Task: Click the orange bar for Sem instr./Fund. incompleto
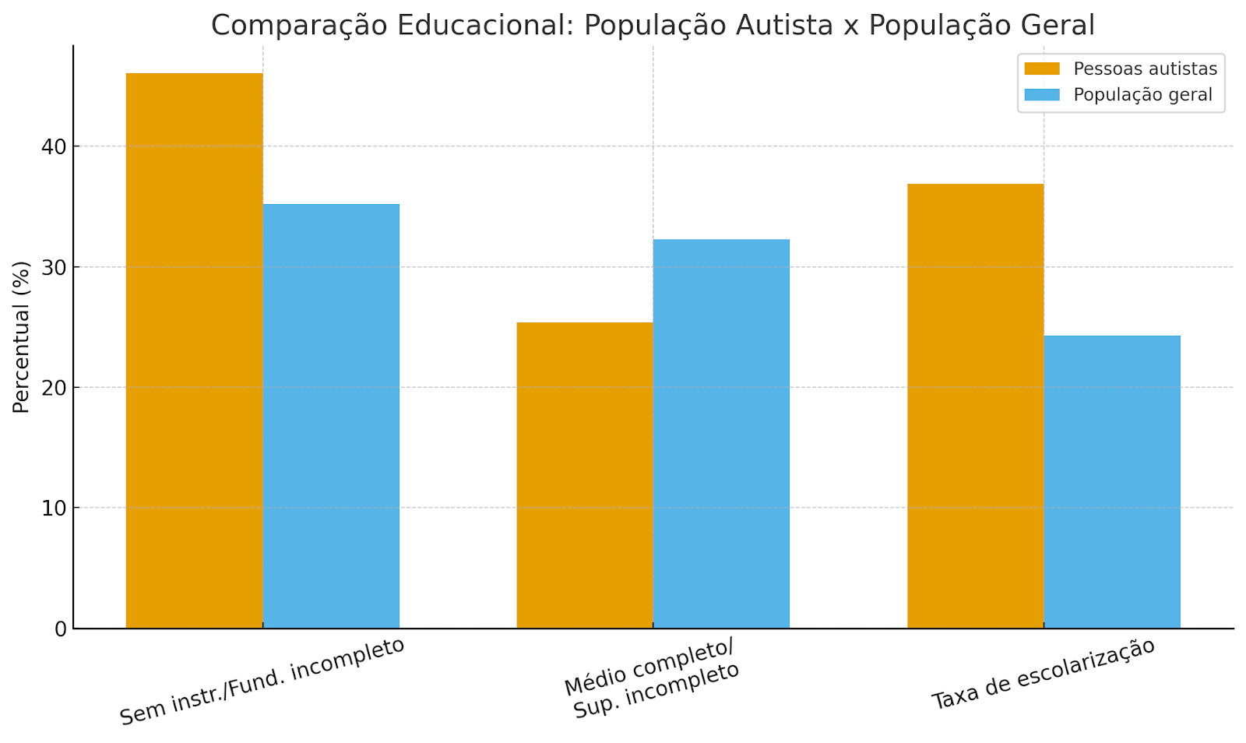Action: click(x=194, y=350)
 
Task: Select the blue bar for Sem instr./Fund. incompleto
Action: click(x=331, y=416)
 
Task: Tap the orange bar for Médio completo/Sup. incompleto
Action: click(x=585, y=475)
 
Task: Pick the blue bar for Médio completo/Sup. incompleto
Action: click(x=721, y=434)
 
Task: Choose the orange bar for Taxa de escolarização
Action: click(x=976, y=406)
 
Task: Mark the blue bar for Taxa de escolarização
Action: click(x=1112, y=482)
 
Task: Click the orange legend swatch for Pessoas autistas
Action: click(x=1042, y=69)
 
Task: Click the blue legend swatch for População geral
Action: click(x=1042, y=95)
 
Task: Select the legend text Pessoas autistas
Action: click(x=1145, y=69)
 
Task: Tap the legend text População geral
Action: click(x=1142, y=95)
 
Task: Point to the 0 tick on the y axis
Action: click(x=61, y=629)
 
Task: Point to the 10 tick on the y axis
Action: click(x=54, y=509)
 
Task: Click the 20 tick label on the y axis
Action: click(x=54, y=388)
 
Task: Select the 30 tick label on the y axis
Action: click(x=54, y=267)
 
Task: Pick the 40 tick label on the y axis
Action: click(x=54, y=147)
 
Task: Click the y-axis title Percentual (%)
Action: click(x=22, y=336)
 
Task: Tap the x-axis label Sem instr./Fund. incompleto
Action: click(x=262, y=682)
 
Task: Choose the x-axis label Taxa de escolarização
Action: click(x=1044, y=674)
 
